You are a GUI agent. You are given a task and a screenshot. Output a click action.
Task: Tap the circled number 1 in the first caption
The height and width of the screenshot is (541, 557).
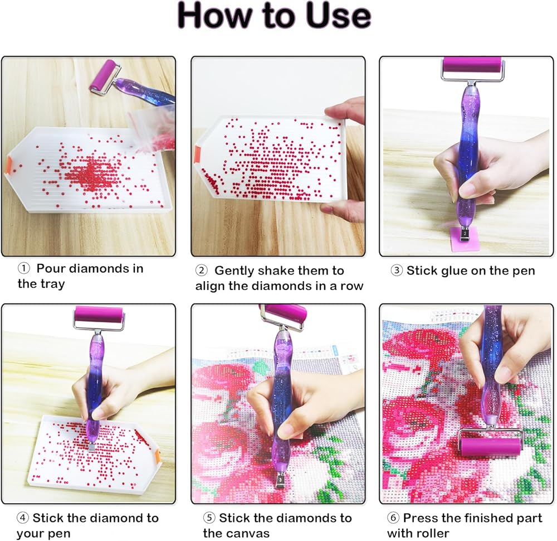pyautogui.click(x=23, y=268)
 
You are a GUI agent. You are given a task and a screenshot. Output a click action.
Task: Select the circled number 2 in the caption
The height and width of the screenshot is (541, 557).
pyautogui.click(x=202, y=270)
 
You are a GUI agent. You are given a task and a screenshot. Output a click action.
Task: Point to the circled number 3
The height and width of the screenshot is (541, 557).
pyautogui.click(x=396, y=270)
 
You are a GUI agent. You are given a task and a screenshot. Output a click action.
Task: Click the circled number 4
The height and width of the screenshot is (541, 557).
pyautogui.click(x=22, y=518)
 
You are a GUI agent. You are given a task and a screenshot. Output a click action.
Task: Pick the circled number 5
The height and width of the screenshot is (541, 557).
pyautogui.click(x=209, y=518)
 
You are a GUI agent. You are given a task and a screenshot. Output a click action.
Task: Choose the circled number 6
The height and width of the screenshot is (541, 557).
pyautogui.click(x=393, y=518)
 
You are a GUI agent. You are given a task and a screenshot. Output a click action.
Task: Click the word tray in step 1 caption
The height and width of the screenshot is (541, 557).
pyautogui.click(x=52, y=284)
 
